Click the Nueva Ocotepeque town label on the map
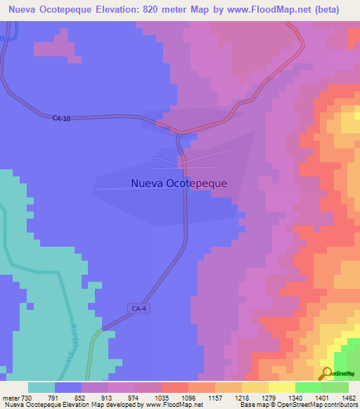click(179, 183)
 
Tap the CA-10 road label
click(62, 118)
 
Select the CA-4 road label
click(139, 308)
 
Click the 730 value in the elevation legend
click(27, 397)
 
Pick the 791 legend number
click(53, 397)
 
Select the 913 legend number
click(108, 397)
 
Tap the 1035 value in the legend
click(161, 397)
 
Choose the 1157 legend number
click(215, 397)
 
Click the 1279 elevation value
click(269, 397)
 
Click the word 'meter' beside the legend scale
click(9, 397)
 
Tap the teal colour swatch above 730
click(41, 387)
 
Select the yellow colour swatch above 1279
click(255, 387)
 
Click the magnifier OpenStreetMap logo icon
click(326, 373)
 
